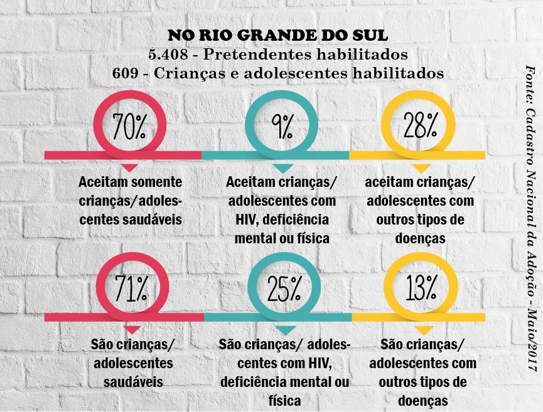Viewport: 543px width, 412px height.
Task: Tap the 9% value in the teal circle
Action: [x=282, y=127]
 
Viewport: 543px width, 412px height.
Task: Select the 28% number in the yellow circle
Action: [x=419, y=127]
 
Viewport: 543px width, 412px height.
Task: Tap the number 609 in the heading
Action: [x=125, y=73]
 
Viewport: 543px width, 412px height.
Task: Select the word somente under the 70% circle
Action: [x=156, y=182]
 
